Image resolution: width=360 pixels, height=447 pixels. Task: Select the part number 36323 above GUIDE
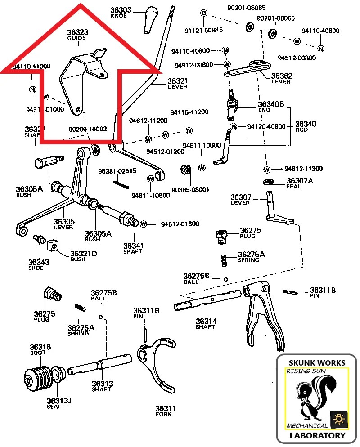(x=77, y=33)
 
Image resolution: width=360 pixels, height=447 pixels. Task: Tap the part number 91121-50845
(x=204, y=30)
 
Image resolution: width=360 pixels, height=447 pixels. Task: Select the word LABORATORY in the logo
(x=318, y=435)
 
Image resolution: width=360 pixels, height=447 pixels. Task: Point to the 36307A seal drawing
(x=269, y=181)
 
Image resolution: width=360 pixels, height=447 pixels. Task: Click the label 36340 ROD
(x=305, y=126)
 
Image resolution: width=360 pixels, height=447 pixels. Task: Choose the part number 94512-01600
(x=180, y=224)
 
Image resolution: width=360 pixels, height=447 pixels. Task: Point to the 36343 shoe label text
(x=36, y=265)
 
